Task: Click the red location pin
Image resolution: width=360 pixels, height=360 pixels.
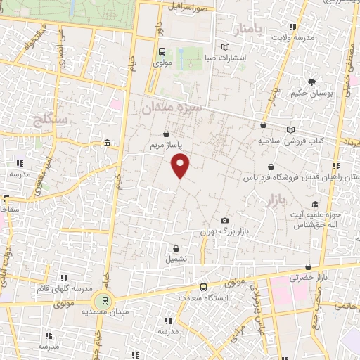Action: click(x=181, y=166)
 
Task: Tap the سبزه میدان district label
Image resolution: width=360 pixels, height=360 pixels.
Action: click(x=172, y=108)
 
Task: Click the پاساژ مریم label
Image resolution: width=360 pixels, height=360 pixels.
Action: click(x=166, y=146)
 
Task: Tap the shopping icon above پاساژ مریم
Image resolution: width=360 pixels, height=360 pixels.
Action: click(x=166, y=134)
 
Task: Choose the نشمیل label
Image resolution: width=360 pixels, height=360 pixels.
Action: click(x=176, y=259)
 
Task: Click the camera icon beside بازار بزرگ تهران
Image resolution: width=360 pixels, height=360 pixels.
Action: click(x=225, y=221)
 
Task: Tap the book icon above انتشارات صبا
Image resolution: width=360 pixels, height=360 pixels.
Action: click(x=225, y=47)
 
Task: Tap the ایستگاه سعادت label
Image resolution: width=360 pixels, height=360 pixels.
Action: click(x=204, y=297)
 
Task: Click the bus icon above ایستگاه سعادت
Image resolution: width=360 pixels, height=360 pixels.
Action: click(x=204, y=286)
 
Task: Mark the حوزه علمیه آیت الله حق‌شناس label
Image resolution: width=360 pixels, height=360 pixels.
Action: click(x=316, y=218)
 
